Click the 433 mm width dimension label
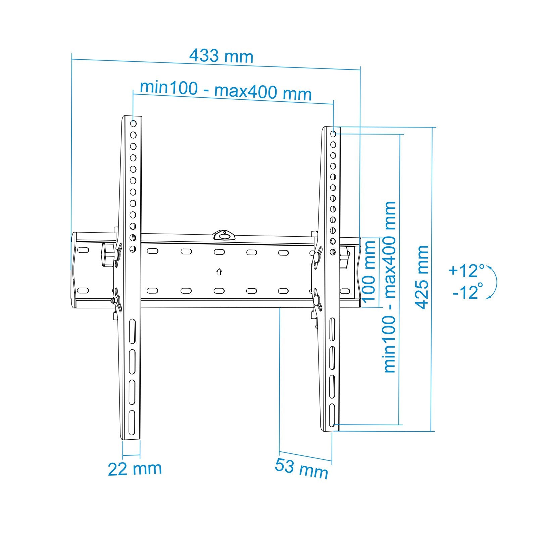pyautogui.click(x=221, y=56)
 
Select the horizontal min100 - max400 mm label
pyautogui.click(x=226, y=91)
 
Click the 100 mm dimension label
pyautogui.click(x=369, y=271)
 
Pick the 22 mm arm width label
pyautogui.click(x=135, y=469)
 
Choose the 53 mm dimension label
pyautogui.click(x=301, y=469)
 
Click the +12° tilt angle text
pyautogui.click(x=467, y=271)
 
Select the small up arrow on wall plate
pyautogui.click(x=219, y=272)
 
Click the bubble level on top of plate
pyautogui.click(x=224, y=236)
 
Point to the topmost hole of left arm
pyautogui.click(x=133, y=124)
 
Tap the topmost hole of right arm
pyautogui.click(x=333, y=134)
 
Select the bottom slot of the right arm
pyautogui.click(x=332, y=416)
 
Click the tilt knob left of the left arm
pyautogui.click(x=108, y=255)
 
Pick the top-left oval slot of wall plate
pyautogui.click(x=83, y=250)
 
